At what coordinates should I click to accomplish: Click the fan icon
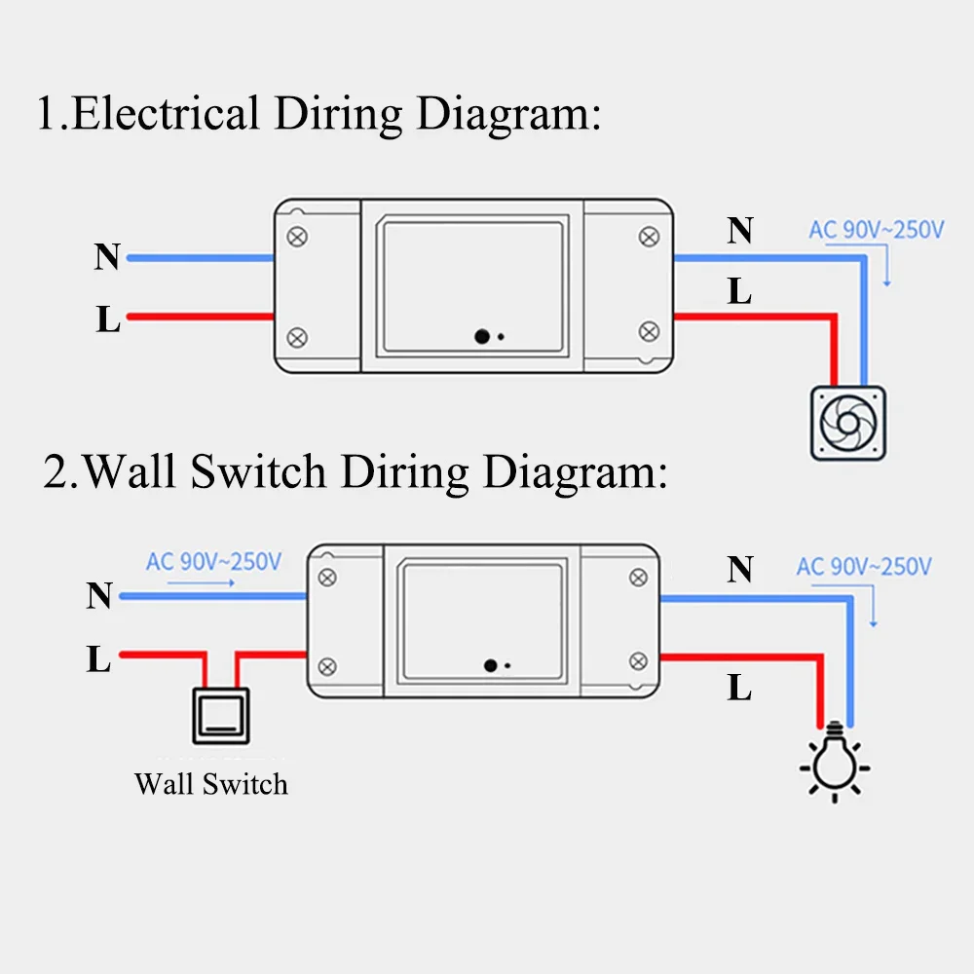point(848,423)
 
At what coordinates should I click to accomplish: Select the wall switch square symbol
point(218,715)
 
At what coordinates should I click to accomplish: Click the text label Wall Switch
point(211,783)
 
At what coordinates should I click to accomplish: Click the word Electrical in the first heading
point(166,115)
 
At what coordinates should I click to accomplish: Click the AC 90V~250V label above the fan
point(876,231)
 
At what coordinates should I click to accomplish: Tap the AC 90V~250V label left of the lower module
point(213,562)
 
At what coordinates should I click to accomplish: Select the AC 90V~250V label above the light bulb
point(864,566)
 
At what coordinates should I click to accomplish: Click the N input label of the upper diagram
point(107,258)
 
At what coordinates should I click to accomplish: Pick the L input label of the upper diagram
point(107,320)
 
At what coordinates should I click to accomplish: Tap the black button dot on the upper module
point(482,336)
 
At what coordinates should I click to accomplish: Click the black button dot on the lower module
point(491,666)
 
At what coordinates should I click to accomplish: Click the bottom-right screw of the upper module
point(648,332)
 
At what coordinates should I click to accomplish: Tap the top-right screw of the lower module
point(638,578)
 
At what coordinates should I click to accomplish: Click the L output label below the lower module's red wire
point(740,689)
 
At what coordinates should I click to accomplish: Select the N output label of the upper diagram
point(740,231)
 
